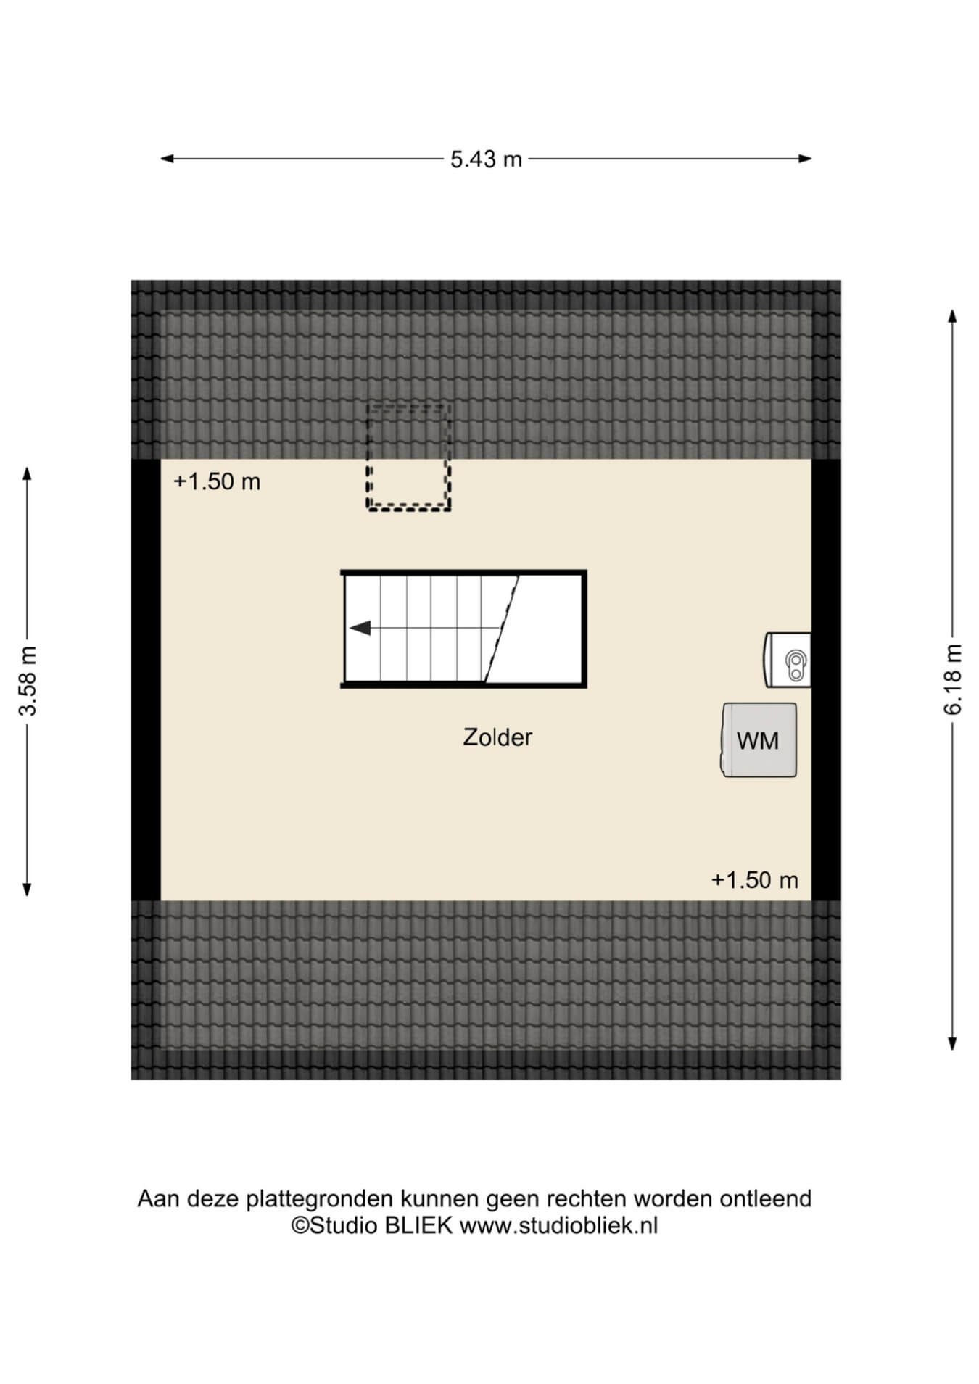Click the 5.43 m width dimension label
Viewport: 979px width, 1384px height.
(486, 159)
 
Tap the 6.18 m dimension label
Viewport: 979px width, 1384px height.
(952, 679)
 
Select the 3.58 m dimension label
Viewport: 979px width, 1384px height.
(28, 680)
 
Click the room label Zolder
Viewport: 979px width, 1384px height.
(497, 737)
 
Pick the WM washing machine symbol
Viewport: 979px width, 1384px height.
(759, 740)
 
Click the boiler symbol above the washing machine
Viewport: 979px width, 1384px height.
(788, 660)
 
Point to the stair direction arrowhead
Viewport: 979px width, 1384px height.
(360, 628)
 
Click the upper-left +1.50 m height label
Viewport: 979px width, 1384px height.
(217, 481)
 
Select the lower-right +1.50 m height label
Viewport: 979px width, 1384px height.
(754, 880)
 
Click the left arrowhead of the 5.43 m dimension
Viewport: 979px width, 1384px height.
(167, 159)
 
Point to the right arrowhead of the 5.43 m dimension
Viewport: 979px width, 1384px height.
(805, 159)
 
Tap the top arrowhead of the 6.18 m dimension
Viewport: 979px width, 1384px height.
(953, 316)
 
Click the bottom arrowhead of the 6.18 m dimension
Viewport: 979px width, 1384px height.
(953, 1043)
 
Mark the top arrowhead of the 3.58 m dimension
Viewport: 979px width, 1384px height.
(28, 473)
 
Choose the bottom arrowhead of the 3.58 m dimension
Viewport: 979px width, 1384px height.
(28, 889)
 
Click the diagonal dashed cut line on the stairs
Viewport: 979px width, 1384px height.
(502, 629)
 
